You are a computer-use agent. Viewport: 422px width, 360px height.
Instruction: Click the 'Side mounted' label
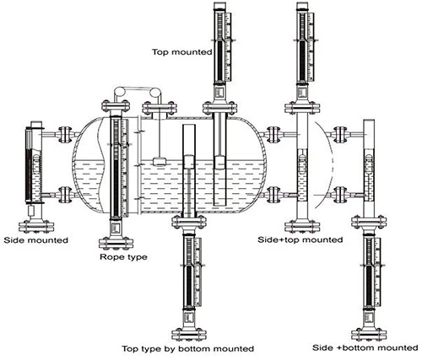click(x=36, y=240)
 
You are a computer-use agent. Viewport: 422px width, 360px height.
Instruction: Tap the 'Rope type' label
click(x=123, y=257)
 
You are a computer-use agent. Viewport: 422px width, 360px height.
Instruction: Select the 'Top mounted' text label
click(x=182, y=52)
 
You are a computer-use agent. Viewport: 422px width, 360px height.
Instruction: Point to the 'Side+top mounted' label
click(x=300, y=239)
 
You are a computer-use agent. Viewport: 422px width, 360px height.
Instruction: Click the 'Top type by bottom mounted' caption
click(x=187, y=349)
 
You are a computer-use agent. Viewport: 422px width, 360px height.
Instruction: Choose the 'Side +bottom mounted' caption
click(x=365, y=347)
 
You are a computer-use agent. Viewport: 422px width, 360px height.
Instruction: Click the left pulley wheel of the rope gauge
click(x=120, y=93)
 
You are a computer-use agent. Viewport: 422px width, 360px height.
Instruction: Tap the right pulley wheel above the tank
click(x=154, y=93)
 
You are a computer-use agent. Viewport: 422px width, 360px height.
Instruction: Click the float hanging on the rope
click(x=160, y=161)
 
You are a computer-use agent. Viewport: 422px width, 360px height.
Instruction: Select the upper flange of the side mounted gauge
click(x=65, y=134)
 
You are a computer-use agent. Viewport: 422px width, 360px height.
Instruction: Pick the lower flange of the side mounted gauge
click(x=65, y=195)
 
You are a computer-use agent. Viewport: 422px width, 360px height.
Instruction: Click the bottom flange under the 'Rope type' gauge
click(x=116, y=243)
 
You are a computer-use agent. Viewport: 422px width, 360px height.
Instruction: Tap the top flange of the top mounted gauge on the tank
click(x=219, y=108)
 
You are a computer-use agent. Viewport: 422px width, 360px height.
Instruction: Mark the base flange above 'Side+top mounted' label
click(x=302, y=227)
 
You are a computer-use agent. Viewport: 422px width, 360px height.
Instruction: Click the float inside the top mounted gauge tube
click(x=219, y=163)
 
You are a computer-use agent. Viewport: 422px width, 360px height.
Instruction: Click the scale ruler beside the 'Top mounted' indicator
click(x=228, y=46)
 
